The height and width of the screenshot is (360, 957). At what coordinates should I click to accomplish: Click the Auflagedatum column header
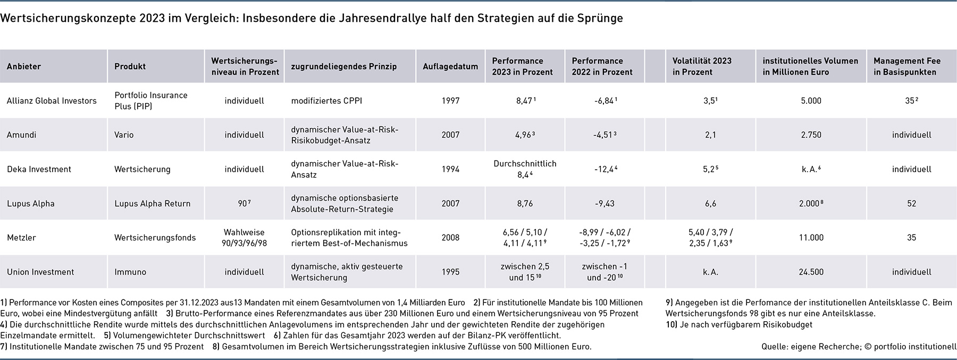pos(450,66)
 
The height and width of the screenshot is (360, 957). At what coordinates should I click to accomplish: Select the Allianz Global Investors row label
pos(52,101)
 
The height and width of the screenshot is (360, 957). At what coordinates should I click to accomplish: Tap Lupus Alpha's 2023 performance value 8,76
pos(524,203)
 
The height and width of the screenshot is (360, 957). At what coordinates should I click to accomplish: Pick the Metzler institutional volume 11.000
pos(811,238)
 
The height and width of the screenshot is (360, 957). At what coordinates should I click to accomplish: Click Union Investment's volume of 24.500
pos(811,272)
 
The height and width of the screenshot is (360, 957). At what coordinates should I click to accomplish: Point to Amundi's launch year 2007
pos(450,135)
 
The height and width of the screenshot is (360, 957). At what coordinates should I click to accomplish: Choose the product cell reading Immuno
pos(130,272)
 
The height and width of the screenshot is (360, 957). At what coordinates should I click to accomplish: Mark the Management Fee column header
pos(907,66)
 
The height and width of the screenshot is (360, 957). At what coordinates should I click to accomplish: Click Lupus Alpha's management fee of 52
pos(911,203)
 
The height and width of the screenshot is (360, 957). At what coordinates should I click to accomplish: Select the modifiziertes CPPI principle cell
pos(326,101)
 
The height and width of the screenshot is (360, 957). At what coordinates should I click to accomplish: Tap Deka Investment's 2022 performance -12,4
pos(605,169)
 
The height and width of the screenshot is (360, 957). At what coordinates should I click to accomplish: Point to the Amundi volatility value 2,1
pos(710,135)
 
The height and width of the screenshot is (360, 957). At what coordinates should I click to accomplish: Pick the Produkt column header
pos(130,66)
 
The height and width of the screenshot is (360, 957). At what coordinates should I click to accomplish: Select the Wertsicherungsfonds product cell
pos(155,238)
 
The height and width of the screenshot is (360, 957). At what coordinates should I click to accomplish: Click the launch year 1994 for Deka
pos(450,169)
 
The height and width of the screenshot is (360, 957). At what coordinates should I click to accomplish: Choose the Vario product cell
pos(124,135)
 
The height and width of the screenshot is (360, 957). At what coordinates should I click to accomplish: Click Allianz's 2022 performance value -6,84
pos(605,101)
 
